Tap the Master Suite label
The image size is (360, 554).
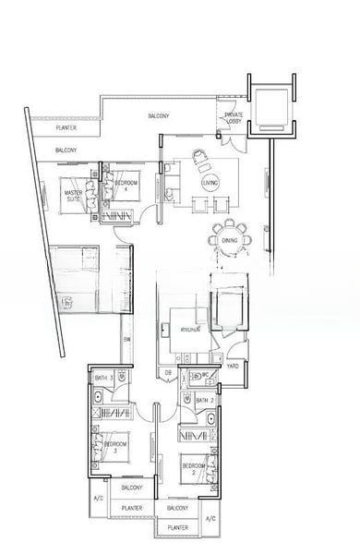point(74,196)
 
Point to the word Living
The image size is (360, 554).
point(210,184)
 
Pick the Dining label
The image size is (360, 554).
point(229,241)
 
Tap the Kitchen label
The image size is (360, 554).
point(192,329)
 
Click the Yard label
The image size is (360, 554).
point(233,365)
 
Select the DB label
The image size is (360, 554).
point(168,372)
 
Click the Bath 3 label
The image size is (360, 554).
point(104,378)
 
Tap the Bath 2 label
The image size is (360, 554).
point(205,400)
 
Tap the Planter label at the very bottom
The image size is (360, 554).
point(178,527)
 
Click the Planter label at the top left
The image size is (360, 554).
point(65,128)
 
